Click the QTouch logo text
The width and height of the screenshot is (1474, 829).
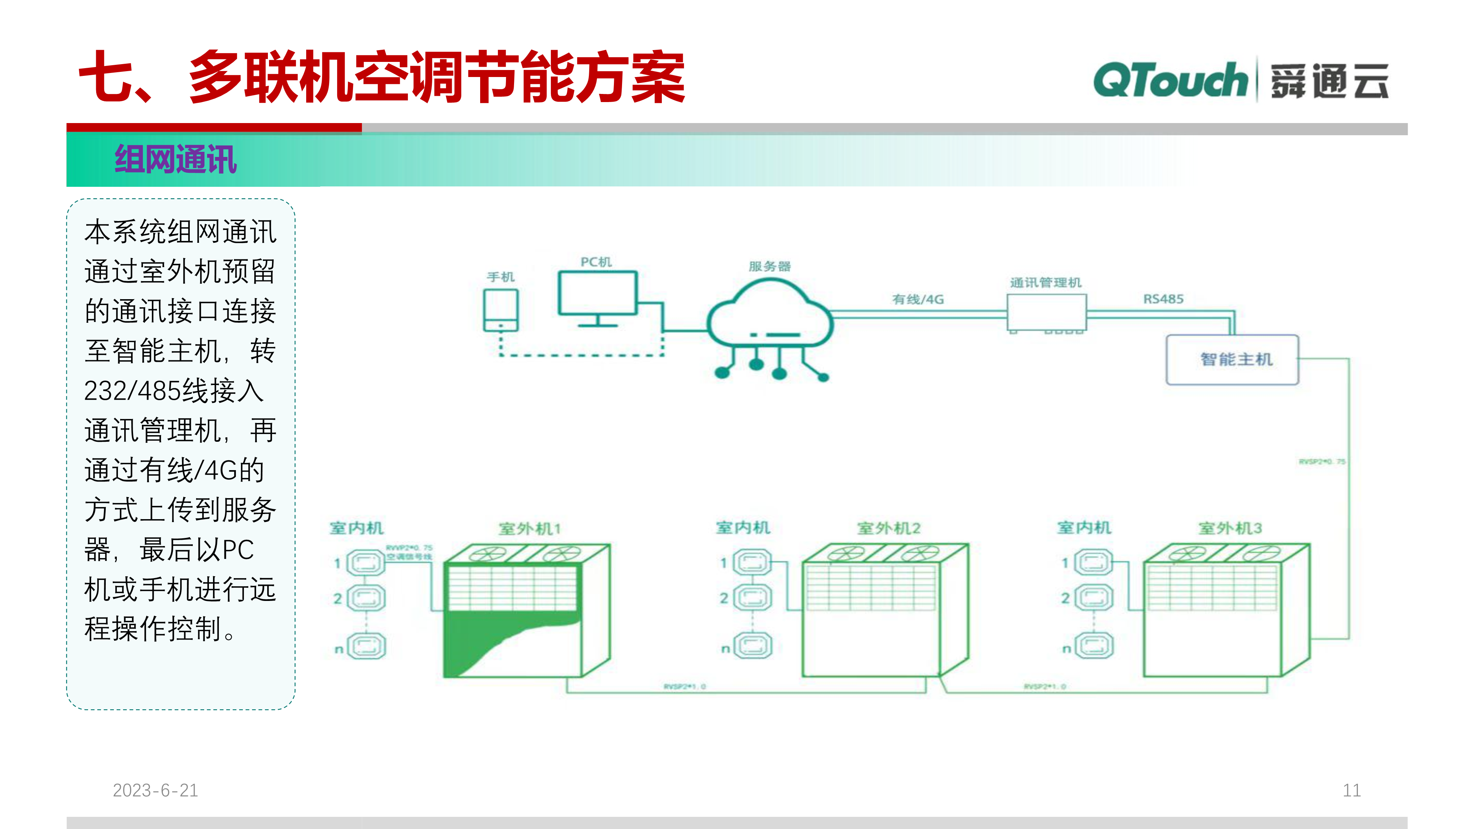click(1170, 81)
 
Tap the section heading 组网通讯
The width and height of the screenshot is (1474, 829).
click(176, 160)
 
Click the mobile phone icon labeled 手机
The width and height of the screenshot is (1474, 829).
click(501, 310)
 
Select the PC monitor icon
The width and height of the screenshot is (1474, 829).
click(597, 294)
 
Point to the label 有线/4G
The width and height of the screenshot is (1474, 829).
click(918, 299)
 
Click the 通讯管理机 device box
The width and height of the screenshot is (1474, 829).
click(1046, 312)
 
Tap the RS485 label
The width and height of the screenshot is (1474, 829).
click(1163, 299)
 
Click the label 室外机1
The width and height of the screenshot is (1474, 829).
click(529, 529)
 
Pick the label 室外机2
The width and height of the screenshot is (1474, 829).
click(888, 528)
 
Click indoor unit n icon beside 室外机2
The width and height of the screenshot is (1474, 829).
click(752, 647)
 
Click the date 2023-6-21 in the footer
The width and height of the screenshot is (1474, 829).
click(155, 790)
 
